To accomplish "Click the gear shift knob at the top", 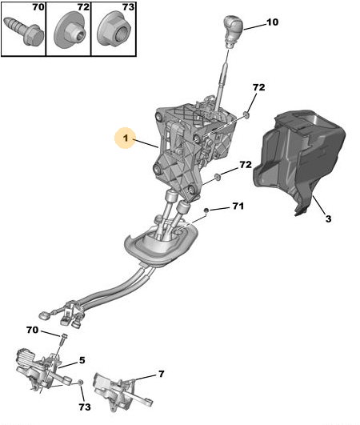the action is tap(233, 30).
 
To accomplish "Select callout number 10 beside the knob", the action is tap(272, 22).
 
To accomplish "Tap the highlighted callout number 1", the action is tap(125, 138).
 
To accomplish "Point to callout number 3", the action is tap(328, 219).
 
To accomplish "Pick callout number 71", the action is tap(238, 206).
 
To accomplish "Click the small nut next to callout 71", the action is tap(206, 210).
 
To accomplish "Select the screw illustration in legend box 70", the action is tap(24, 31).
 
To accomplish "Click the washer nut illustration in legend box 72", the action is tap(70, 30).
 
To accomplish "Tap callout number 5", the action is tap(82, 360).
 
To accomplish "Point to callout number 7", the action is tap(161, 374).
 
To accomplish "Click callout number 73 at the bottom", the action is tap(85, 407).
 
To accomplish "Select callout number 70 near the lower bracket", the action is tap(32, 330).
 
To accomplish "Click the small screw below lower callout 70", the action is tap(64, 339).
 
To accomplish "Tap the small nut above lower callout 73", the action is tap(80, 383).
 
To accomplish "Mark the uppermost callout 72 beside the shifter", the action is tap(258, 87).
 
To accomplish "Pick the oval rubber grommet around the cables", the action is tap(161, 243).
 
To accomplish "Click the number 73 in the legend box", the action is tap(128, 7).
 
